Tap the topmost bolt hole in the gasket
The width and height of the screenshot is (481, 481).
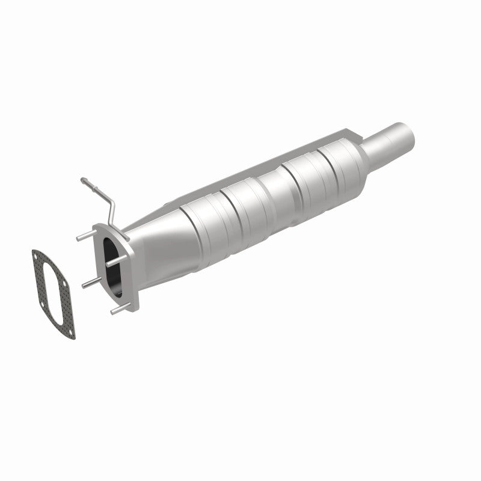(x=38, y=257)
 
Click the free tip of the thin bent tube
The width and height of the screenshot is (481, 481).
(x=82, y=180)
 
